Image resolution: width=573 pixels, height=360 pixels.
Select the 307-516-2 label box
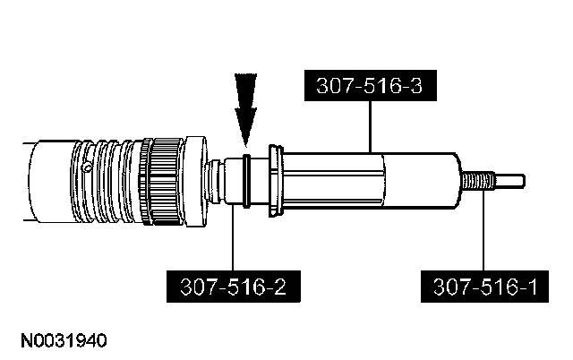[233, 287]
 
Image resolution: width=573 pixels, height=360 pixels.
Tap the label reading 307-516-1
[483, 287]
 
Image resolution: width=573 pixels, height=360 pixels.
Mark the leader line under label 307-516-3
[370, 125]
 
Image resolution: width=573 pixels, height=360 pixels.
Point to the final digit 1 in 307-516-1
[533, 287]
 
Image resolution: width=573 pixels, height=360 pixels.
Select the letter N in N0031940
[21, 342]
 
